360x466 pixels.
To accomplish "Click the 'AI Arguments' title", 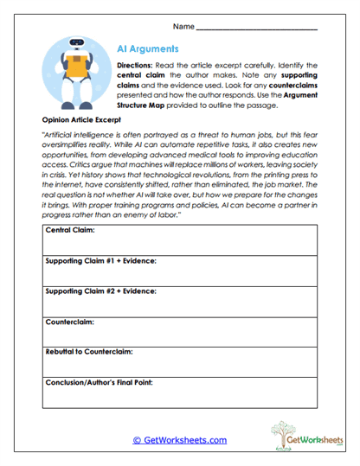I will click(x=148, y=50).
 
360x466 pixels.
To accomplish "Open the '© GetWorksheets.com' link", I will click(x=180, y=440).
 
